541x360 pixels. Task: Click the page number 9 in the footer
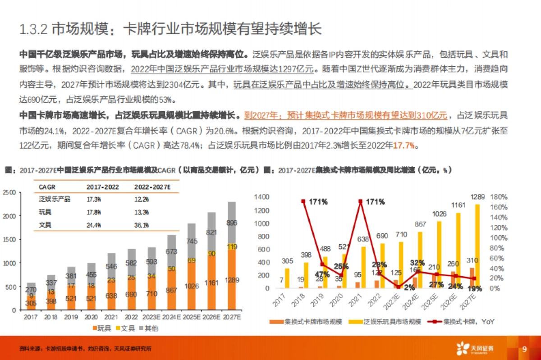click(524, 349)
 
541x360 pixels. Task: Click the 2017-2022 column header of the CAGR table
click(100, 187)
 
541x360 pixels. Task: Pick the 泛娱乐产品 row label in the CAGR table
click(55, 199)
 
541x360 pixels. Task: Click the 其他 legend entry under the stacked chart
click(147, 328)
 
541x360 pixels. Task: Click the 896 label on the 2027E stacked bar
click(231, 223)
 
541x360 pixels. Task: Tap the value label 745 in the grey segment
click(192, 241)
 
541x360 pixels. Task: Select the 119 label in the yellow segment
click(231, 246)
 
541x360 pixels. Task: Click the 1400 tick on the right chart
click(261, 197)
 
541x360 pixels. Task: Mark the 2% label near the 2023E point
click(409, 287)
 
